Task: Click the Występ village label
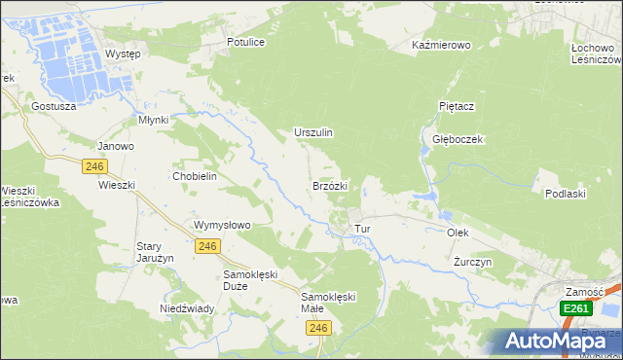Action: coord(123,54)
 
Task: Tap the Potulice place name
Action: coord(246,43)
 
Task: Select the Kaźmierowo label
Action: coord(441,46)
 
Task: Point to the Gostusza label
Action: coord(53,106)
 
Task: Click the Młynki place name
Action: coord(153,120)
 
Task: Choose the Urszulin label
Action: coord(313,132)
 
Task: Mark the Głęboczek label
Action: coord(458,139)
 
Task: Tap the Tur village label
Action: coord(363,229)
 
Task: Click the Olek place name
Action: coord(458,234)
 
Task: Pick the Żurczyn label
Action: coord(473,263)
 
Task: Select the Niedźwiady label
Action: coord(187,308)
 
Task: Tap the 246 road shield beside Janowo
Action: coord(94,166)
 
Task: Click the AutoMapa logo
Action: coord(554,341)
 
